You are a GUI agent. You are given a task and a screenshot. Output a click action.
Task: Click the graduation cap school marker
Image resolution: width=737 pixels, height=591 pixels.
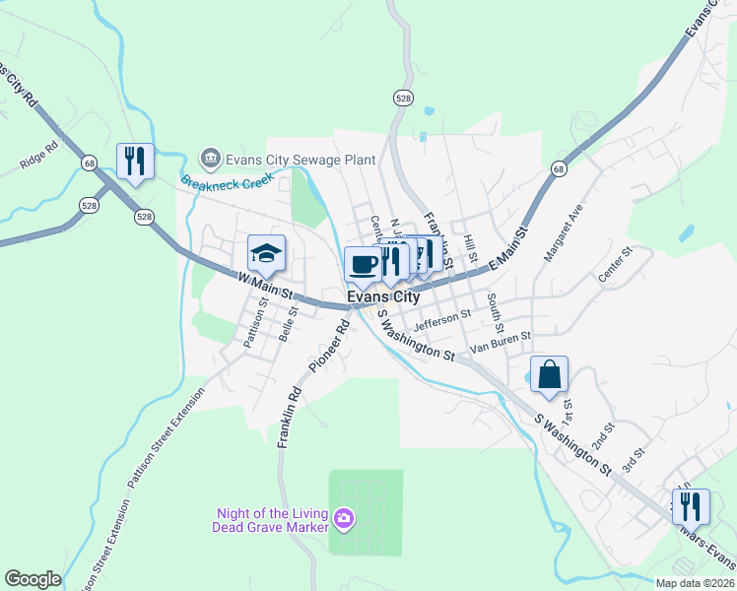point(266,254)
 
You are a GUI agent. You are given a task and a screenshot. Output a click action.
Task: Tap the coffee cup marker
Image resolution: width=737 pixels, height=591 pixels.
point(363,264)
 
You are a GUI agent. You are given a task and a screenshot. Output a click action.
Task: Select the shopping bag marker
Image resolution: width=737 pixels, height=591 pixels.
point(549,374)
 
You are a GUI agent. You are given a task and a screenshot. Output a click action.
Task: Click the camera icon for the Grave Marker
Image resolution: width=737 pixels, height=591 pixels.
point(344,517)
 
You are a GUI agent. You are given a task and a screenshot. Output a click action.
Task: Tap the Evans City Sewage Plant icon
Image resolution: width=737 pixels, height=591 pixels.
point(210,158)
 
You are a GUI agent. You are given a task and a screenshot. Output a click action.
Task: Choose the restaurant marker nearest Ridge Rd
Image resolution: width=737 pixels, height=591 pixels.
point(135,162)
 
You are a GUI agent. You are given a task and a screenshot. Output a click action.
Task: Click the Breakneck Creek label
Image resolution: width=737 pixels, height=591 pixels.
point(225,180)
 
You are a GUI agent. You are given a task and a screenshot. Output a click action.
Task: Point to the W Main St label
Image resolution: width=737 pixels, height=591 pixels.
point(267,287)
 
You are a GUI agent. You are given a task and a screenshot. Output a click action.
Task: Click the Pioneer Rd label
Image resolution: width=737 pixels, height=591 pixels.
point(329,348)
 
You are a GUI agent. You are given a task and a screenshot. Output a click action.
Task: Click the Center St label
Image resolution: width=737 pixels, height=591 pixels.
point(614,264)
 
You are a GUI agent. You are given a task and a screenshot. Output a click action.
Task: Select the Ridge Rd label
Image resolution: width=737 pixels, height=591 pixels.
point(39,156)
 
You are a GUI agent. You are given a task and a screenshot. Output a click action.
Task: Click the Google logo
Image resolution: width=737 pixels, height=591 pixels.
point(33,579)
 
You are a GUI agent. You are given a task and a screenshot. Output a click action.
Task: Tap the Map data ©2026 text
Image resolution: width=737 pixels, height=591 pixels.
point(694,583)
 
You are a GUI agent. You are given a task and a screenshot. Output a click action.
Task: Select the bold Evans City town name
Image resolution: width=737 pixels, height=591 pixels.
point(383,296)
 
